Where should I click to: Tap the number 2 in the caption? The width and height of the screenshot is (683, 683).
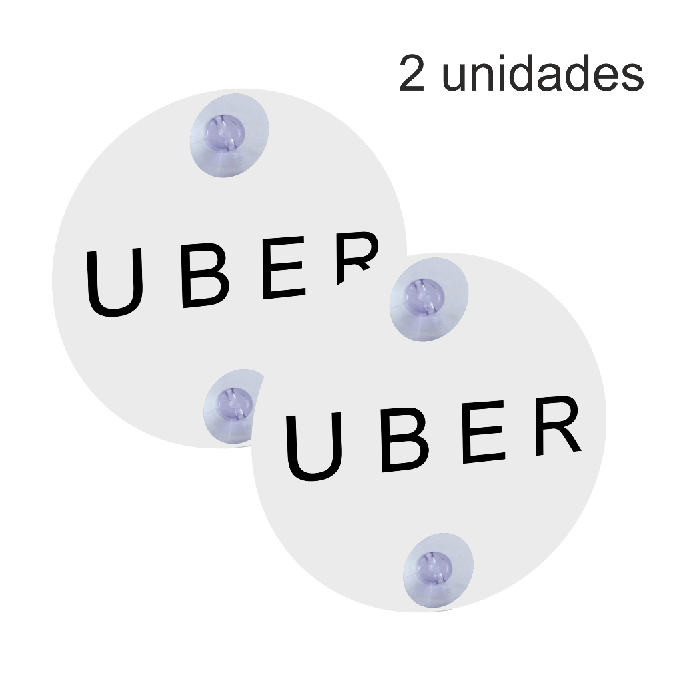[412, 75]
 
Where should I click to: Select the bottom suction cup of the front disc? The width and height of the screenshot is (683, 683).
[437, 570]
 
